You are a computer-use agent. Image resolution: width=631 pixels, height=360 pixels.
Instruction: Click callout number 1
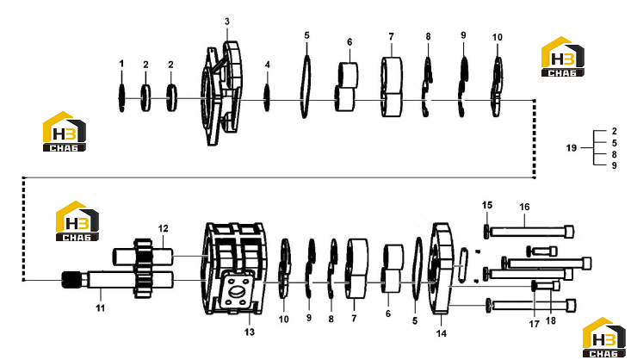(x=121, y=64)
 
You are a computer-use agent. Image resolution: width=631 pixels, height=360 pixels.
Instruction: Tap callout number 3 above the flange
(x=227, y=22)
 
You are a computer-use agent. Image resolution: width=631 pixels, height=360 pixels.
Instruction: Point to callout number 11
(x=100, y=308)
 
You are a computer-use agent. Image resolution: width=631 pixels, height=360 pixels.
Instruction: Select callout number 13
(x=250, y=332)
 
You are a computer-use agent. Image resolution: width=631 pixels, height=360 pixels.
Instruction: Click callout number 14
(x=441, y=333)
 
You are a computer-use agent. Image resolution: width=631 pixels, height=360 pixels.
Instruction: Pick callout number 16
(x=524, y=207)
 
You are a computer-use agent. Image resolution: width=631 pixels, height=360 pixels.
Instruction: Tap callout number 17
(x=534, y=324)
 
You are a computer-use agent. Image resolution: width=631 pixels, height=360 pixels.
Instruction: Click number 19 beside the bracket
(x=572, y=148)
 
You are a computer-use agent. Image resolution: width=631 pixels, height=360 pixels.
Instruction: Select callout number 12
(x=163, y=228)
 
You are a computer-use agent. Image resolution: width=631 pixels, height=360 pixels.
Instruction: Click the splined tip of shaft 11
(x=71, y=280)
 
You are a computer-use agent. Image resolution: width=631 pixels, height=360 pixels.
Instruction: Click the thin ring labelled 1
(x=121, y=98)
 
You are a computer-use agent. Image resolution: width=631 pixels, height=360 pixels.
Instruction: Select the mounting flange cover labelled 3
(x=222, y=93)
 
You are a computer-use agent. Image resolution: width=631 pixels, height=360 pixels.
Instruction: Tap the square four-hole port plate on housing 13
(x=237, y=289)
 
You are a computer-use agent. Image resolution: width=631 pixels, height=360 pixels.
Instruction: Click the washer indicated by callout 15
(x=487, y=232)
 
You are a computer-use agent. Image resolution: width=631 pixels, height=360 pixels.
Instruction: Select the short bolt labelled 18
(x=549, y=286)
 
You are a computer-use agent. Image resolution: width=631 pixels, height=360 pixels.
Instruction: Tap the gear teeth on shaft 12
(x=142, y=268)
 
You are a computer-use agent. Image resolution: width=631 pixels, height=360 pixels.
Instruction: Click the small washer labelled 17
(x=534, y=286)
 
